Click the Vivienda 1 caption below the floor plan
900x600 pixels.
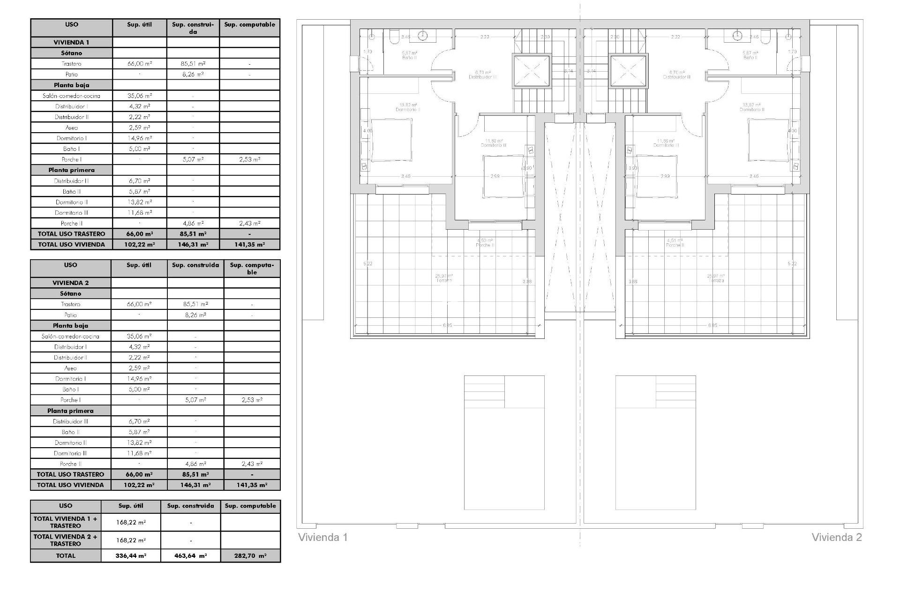click(323, 537)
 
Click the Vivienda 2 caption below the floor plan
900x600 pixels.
click(836, 537)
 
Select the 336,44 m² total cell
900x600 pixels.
click(131, 556)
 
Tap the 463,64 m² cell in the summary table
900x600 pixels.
click(190, 556)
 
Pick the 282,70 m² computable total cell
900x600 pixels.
click(250, 556)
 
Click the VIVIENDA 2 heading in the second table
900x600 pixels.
click(70, 283)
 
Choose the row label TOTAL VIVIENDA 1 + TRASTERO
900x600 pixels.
click(66, 522)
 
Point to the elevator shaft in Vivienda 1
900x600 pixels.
click(531, 71)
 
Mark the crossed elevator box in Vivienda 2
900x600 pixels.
click(628, 71)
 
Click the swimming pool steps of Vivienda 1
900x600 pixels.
click(484, 391)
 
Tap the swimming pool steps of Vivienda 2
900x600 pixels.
click(675, 391)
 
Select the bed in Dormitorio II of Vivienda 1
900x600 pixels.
click(391, 139)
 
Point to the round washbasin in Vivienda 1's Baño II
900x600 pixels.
click(423, 35)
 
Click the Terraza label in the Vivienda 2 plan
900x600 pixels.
click(716, 280)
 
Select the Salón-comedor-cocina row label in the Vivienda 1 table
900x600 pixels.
click(71, 96)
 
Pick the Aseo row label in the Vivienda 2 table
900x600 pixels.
click(70, 368)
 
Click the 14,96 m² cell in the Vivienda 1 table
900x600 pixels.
click(139, 138)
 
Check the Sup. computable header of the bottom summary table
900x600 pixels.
click(250, 506)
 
